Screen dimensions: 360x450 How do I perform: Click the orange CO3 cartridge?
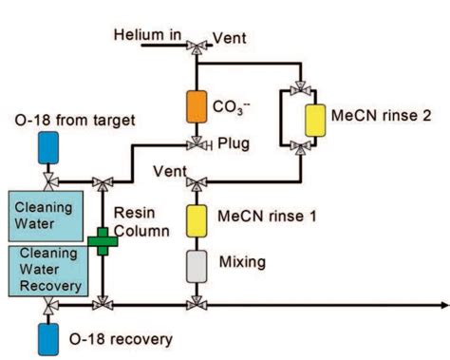pos(197,105)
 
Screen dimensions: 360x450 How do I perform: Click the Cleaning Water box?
pos(46,215)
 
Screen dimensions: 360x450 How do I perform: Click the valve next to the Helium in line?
pos(197,44)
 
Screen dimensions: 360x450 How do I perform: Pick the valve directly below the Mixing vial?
pos(197,305)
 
